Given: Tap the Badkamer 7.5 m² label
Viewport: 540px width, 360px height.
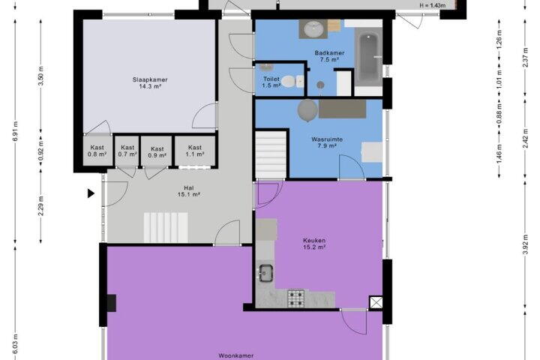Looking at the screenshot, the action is tap(329, 56).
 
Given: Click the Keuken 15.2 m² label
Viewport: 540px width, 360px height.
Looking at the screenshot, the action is tap(314, 244).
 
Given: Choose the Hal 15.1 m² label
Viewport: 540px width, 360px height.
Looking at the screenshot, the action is tap(189, 191).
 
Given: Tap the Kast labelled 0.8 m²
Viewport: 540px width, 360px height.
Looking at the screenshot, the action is tap(97, 151).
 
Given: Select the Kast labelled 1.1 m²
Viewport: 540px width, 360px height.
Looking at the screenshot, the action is tap(195, 151).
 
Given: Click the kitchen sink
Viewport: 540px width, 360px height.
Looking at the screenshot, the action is tap(265, 272).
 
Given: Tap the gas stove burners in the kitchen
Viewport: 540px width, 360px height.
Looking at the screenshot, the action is tap(296, 298).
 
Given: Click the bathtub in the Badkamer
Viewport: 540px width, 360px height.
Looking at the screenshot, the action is tap(368, 57).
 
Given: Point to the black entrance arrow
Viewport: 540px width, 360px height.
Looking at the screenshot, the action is tap(91, 193).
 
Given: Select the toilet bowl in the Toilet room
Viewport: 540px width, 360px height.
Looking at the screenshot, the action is tap(289, 81).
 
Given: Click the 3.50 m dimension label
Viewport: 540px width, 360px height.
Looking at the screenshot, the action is tap(41, 76).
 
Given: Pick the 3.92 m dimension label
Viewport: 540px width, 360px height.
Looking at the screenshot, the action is tap(525, 244).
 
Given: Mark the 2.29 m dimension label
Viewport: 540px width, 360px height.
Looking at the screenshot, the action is tap(41, 205).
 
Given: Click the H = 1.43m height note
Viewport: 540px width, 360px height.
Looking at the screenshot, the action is tap(433, 5).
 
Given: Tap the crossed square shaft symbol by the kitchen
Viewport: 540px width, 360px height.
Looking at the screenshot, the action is tap(376, 303).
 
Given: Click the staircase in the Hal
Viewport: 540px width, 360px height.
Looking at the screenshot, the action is tap(166, 227).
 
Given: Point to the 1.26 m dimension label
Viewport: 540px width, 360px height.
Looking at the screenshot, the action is tap(499, 38).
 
